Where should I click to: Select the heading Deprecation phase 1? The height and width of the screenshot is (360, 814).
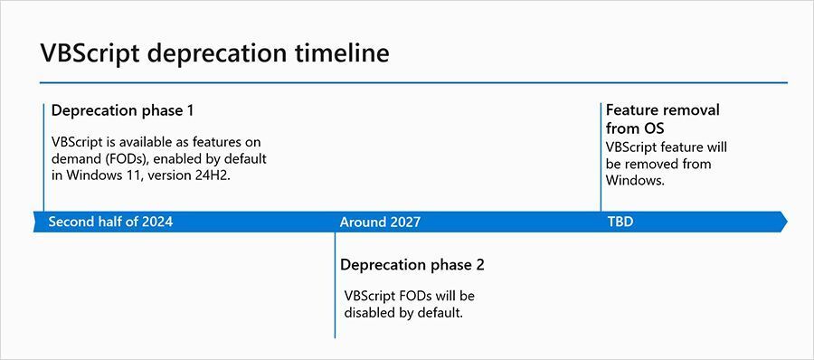point(123,110)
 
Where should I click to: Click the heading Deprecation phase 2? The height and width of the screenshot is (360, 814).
point(412,265)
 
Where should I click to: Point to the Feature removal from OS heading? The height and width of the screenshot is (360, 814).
point(662,118)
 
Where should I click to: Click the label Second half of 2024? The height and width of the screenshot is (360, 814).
point(110,222)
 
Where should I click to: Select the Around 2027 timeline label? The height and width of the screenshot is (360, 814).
point(380,222)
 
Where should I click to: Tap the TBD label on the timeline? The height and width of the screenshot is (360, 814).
point(620,222)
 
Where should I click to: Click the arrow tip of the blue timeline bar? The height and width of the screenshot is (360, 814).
point(782,222)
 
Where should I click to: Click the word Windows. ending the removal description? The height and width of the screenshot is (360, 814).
point(635,180)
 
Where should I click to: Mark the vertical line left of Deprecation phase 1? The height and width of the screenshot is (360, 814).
point(43,158)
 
